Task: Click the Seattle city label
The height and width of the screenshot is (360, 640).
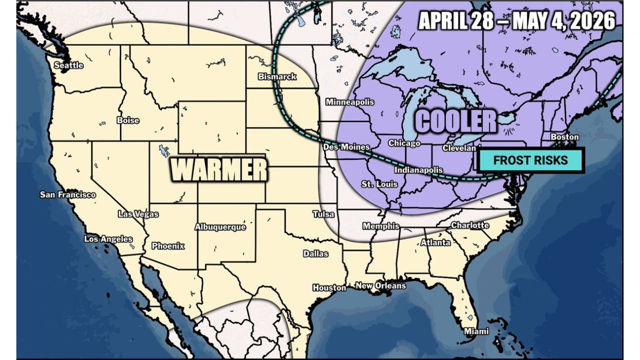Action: point(68,65)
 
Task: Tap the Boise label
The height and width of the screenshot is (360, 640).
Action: point(127,120)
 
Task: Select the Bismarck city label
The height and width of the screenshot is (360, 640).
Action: point(277,77)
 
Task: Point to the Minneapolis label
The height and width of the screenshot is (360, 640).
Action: point(350,102)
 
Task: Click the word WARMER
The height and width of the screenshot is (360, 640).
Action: point(219,170)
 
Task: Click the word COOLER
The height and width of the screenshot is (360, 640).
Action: point(456,121)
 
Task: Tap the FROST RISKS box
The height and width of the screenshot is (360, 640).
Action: point(530,160)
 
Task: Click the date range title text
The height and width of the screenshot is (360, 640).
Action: point(516,21)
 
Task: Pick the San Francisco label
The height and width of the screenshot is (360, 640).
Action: point(67,194)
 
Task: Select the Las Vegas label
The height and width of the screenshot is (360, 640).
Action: point(138,214)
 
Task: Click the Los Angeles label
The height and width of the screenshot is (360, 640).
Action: point(108,239)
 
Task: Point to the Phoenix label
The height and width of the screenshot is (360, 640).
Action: point(168,246)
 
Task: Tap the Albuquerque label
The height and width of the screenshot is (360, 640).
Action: point(220,227)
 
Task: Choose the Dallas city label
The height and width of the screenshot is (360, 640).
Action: point(315,253)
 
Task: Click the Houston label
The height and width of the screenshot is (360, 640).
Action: point(329,287)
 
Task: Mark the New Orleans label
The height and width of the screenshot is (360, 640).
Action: point(380,285)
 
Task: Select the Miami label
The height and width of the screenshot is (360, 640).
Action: point(476,331)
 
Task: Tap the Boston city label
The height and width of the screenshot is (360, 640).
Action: point(564,137)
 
